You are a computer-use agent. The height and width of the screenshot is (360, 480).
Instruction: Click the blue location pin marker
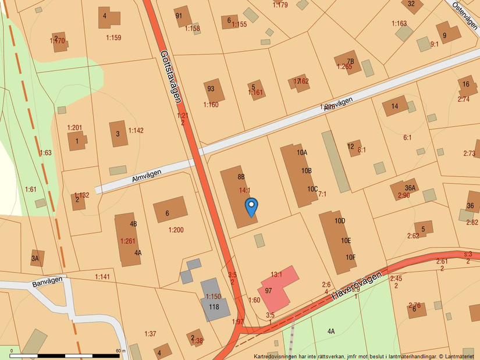pos(251,206)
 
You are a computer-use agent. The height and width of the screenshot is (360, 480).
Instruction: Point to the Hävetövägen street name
pos(360,286)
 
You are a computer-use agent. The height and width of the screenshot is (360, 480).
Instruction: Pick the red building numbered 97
pos(274,289)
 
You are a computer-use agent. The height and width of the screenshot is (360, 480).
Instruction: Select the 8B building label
pos(241,176)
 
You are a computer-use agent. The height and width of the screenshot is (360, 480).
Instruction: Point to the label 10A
pos(301,153)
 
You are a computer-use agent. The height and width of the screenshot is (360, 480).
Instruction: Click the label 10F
pos(350,257)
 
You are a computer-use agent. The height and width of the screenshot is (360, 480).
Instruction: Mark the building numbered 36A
pos(410,187)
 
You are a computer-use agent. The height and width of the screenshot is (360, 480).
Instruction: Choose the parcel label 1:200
pos(176,230)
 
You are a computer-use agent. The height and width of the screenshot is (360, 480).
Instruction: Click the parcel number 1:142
pos(136,130)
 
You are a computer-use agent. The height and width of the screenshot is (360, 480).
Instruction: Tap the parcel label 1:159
pos(113,38)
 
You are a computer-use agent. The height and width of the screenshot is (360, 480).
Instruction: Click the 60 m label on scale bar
pos(120,351)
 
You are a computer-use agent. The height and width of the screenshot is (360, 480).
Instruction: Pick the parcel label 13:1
pos(276,275)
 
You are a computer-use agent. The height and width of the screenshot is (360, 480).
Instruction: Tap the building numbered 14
pos(395,106)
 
